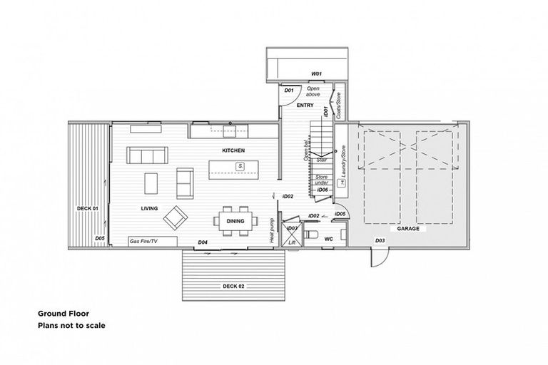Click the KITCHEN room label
(x=233, y=150)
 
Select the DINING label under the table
(x=235, y=221)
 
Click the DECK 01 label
(x=86, y=208)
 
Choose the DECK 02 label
(x=233, y=286)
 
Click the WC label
(x=329, y=240)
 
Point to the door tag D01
(x=289, y=91)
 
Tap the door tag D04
(x=203, y=242)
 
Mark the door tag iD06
(x=322, y=190)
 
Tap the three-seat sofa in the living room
(x=146, y=155)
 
